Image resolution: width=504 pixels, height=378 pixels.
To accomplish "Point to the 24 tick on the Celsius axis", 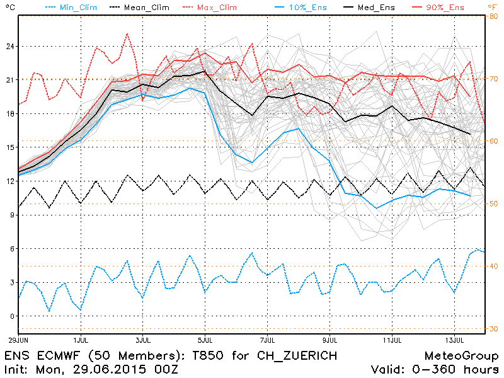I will tap(8, 47).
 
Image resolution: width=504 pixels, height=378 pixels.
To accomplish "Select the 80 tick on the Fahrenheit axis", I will tap(494, 17).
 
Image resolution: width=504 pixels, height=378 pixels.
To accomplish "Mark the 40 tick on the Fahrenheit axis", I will tap(494, 266).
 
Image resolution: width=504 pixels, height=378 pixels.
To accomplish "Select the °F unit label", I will tap(492, 7).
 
